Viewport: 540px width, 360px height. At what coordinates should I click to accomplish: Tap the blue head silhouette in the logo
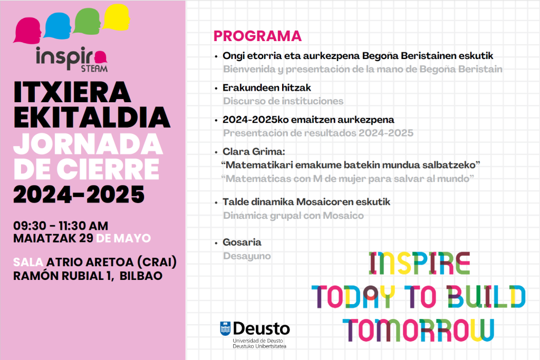click(59, 24)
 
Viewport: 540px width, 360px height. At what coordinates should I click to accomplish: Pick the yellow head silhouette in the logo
click(118, 16)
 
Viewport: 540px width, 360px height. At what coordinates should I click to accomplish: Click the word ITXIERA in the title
click(72, 94)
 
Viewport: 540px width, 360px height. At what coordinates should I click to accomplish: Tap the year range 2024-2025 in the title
click(79, 194)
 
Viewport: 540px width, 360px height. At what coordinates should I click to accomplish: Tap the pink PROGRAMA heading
click(257, 36)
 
